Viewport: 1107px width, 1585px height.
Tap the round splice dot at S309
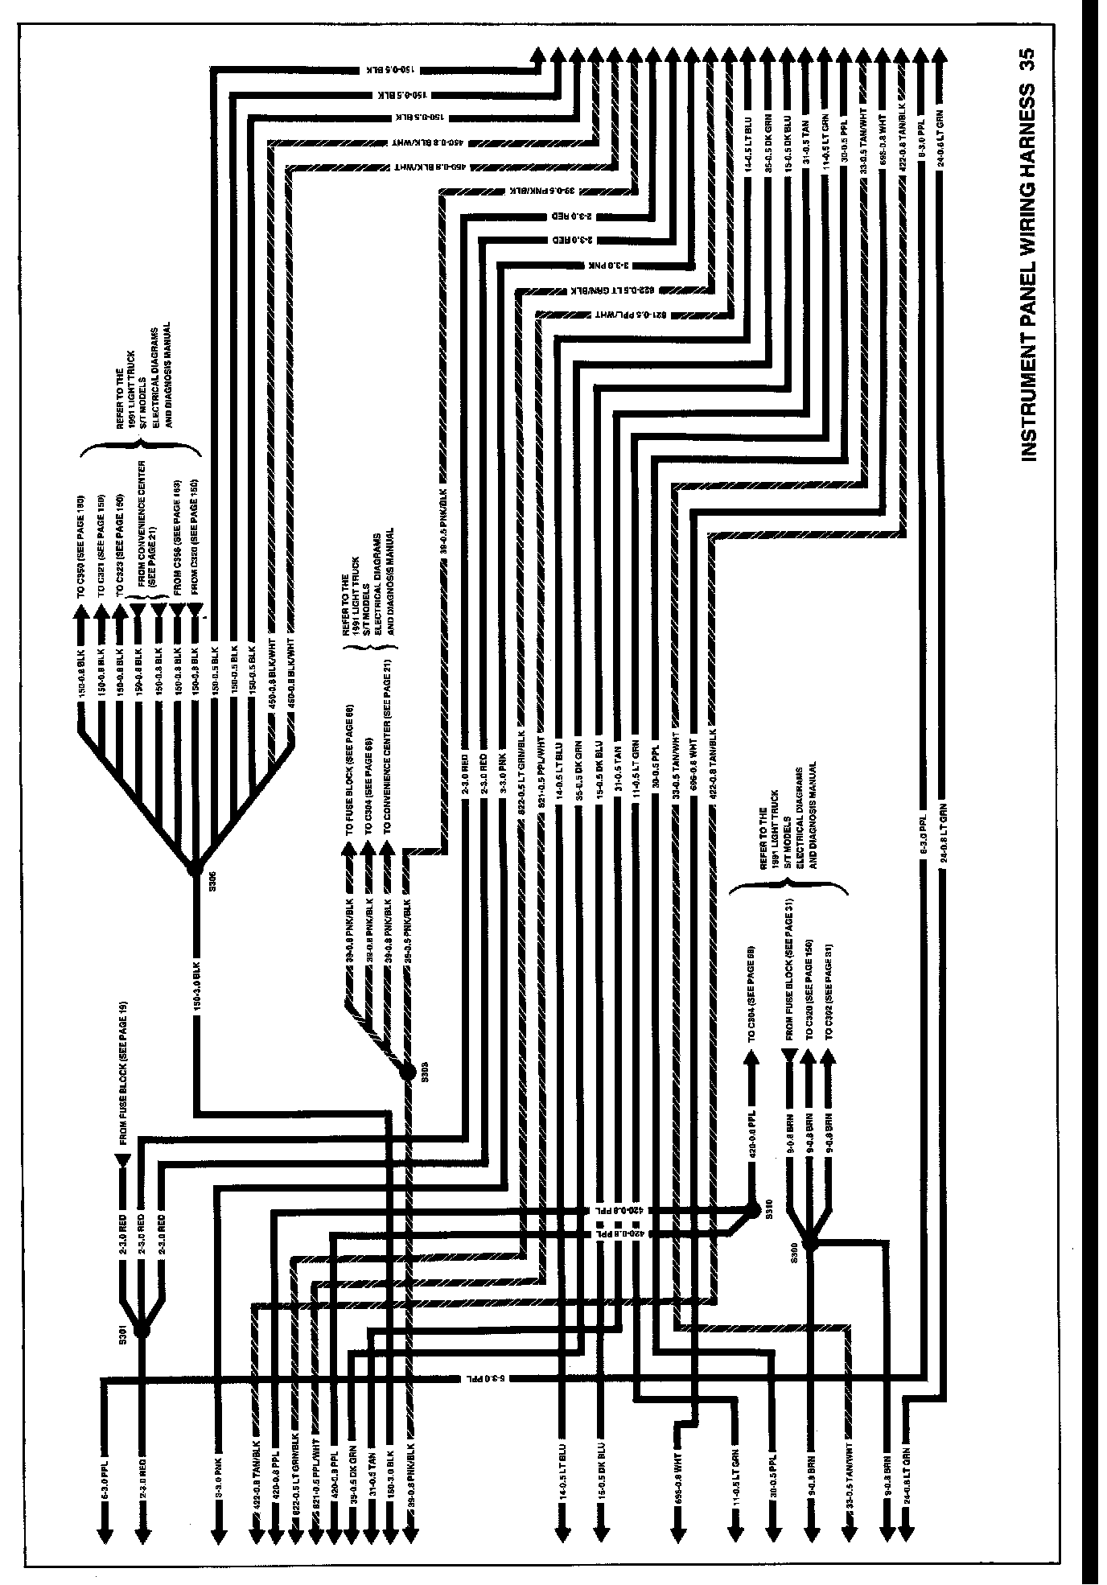click(406, 1070)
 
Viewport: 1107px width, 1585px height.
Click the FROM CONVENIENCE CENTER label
click(145, 531)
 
